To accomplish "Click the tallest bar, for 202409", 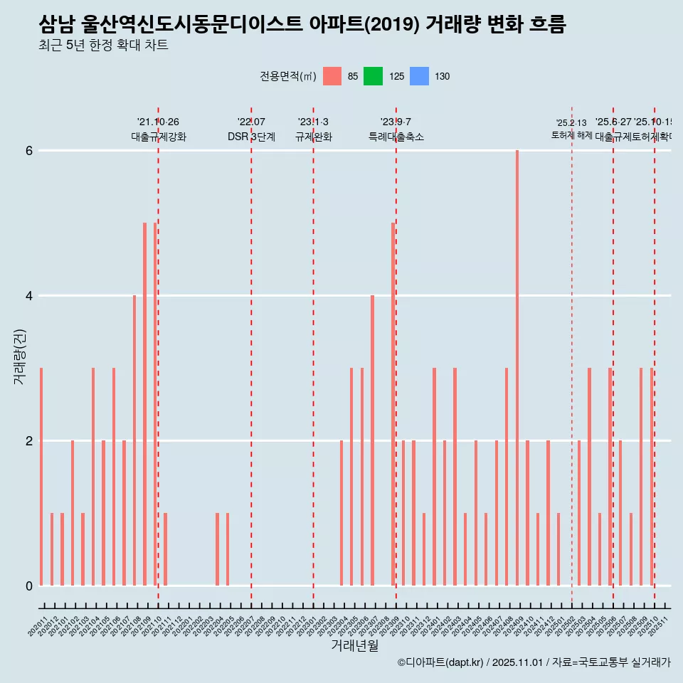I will (x=517, y=368).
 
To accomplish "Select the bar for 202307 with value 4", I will (x=372, y=440).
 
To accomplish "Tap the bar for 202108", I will (x=134, y=440).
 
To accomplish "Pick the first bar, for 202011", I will (x=41, y=477).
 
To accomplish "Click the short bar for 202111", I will (x=166, y=549).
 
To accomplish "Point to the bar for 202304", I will (x=341, y=513).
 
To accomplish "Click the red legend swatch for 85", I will (x=332, y=76).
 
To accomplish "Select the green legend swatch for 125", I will (x=373, y=76).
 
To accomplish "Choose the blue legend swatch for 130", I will (x=420, y=76).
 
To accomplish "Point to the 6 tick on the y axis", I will (x=29, y=151).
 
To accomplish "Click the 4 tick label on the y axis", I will (x=29, y=296).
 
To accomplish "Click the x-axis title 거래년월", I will (x=354, y=645).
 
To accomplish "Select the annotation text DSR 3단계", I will (x=251, y=137).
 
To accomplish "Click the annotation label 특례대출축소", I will (x=396, y=137).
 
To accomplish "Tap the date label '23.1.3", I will (x=313, y=122).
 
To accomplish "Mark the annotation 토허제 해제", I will (x=571, y=134).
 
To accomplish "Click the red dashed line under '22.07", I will (x=251, y=356).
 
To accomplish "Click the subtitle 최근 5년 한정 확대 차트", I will (x=103, y=46).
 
